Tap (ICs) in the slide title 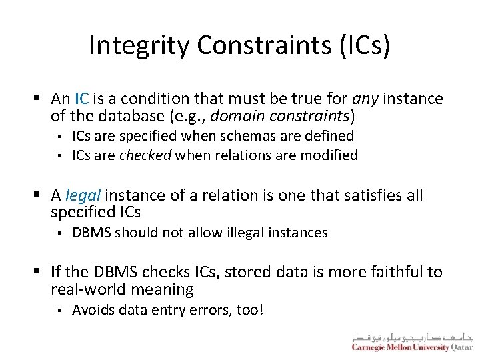[x=365, y=45]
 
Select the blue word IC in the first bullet [x=81, y=99]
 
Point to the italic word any [x=365, y=99]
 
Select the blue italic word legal [x=83, y=195]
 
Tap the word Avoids [x=91, y=310]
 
